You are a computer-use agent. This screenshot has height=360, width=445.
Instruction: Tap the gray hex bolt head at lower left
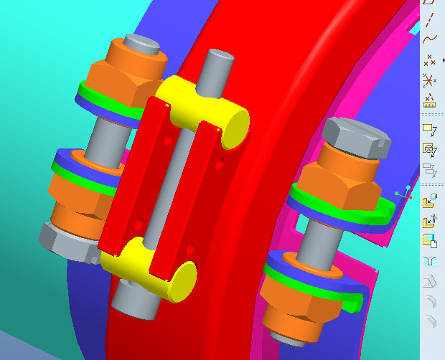[x=65, y=240]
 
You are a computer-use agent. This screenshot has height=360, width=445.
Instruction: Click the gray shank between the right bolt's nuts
[x=316, y=240]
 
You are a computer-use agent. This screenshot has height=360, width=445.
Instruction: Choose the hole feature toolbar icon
[x=431, y=260]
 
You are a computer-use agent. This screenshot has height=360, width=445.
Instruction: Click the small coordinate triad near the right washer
[x=404, y=192]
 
